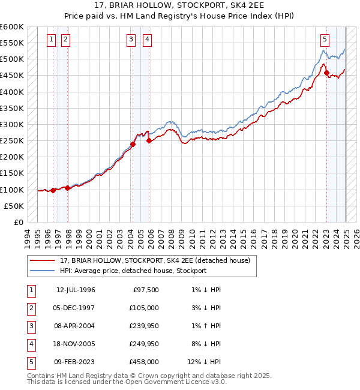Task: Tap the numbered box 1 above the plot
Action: click(51, 40)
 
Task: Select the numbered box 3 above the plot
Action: click(131, 40)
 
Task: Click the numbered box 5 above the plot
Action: click(325, 40)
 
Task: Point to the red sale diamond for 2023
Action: click(327, 73)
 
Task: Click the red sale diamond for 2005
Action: click(149, 141)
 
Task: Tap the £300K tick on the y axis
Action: click(12, 124)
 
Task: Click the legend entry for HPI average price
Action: click(133, 271)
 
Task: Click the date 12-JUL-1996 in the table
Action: click(76, 290)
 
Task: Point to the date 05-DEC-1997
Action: click(76, 308)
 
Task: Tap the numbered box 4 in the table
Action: click(30, 344)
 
